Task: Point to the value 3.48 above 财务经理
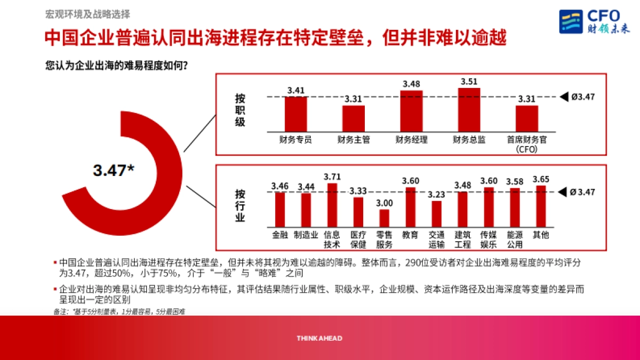[x=411, y=84]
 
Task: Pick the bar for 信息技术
[x=332, y=205]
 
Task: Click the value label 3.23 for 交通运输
[x=436, y=195]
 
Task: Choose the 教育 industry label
[x=410, y=234]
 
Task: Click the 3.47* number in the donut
[x=113, y=171]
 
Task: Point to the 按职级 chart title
[x=240, y=110]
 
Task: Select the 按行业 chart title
[x=240, y=205]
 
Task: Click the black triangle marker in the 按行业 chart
[x=562, y=192]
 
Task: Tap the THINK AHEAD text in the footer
[x=319, y=338]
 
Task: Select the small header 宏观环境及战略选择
[x=87, y=14]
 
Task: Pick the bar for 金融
[x=279, y=209]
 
